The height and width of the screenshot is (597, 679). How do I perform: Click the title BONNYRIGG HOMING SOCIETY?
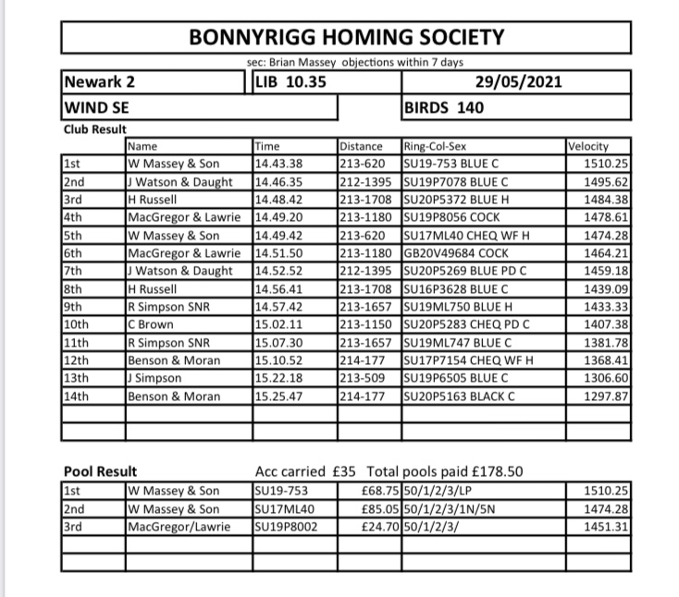point(347,38)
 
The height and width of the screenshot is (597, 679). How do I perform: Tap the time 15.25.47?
point(278,396)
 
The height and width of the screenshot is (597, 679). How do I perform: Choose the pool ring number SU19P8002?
point(287,527)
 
